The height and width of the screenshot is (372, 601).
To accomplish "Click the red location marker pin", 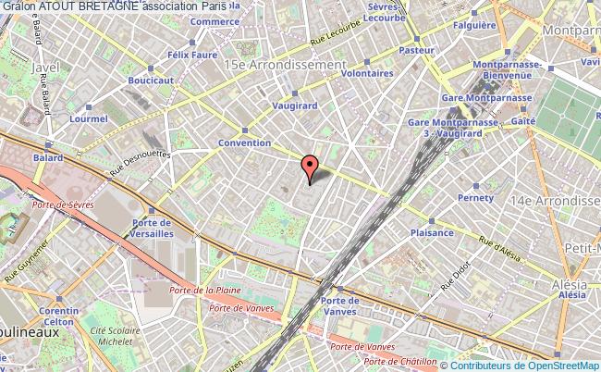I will coord(310,169).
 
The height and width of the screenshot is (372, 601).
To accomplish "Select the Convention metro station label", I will coord(244,143).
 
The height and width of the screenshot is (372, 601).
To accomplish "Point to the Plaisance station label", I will coord(431,233).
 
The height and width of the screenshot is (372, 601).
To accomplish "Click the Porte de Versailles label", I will coord(151,228).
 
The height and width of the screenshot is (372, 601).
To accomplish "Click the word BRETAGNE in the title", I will coord(109,6).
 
